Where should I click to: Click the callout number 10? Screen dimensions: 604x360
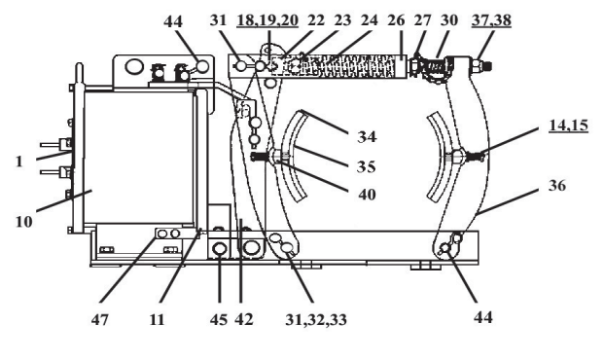point(24,222)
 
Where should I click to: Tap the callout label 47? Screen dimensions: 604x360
point(100,319)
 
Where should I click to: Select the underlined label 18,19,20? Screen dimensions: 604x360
point(267,20)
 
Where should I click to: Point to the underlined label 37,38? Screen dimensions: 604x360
point(491,20)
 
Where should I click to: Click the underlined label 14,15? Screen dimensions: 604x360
point(569,126)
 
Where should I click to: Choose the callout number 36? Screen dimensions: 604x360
point(557,186)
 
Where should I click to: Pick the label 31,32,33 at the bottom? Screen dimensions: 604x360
point(316,319)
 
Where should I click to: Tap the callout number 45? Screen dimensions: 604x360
point(219,319)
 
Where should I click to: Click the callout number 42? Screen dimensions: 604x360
point(244,319)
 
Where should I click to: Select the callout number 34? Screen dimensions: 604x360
point(367,137)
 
